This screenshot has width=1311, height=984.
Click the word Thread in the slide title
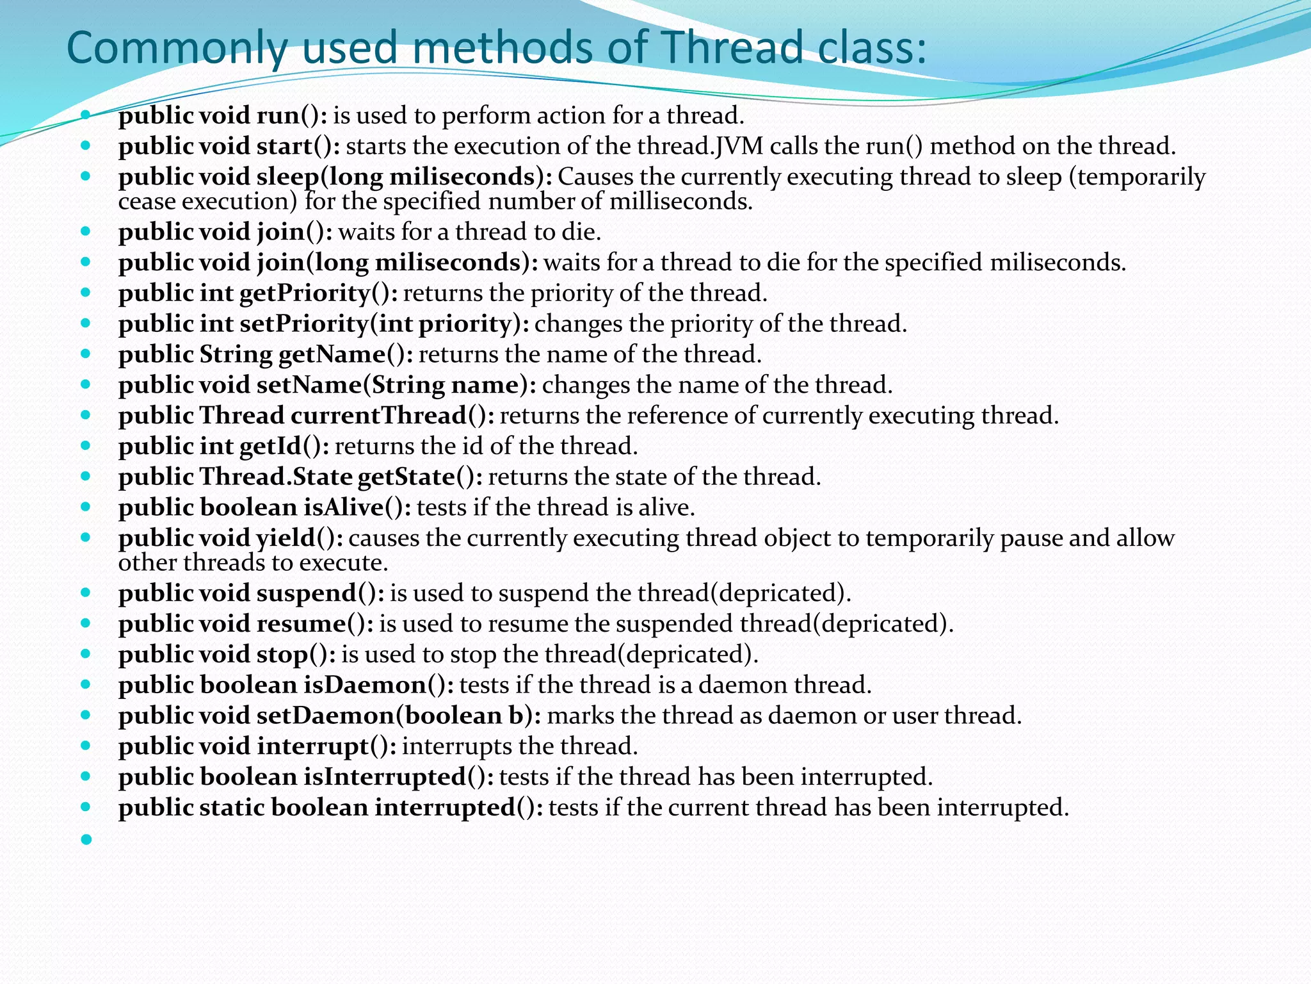(730, 47)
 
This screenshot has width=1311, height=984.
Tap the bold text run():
(292, 116)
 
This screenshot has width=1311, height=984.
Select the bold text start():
(298, 147)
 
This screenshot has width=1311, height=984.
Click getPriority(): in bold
(319, 293)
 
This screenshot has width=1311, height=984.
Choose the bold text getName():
(346, 355)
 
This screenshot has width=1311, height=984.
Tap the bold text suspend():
(321, 594)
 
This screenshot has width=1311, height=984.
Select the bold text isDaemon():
(378, 685)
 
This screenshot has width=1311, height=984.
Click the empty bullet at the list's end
(86, 839)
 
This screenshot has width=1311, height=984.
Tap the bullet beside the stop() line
(86, 655)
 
